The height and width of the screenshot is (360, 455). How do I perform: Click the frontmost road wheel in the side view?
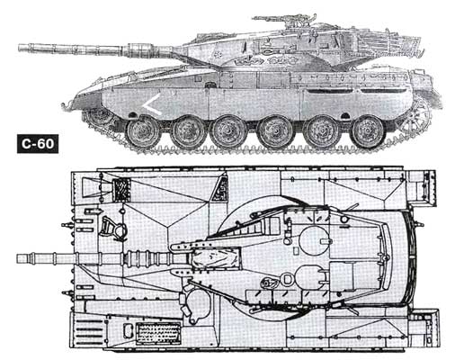(x=142, y=132)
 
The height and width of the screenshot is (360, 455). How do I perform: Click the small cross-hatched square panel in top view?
(x=120, y=190)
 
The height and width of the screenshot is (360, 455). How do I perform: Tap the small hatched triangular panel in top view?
(x=219, y=188)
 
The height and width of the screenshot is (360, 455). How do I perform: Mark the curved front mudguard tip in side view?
(x=65, y=107)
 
